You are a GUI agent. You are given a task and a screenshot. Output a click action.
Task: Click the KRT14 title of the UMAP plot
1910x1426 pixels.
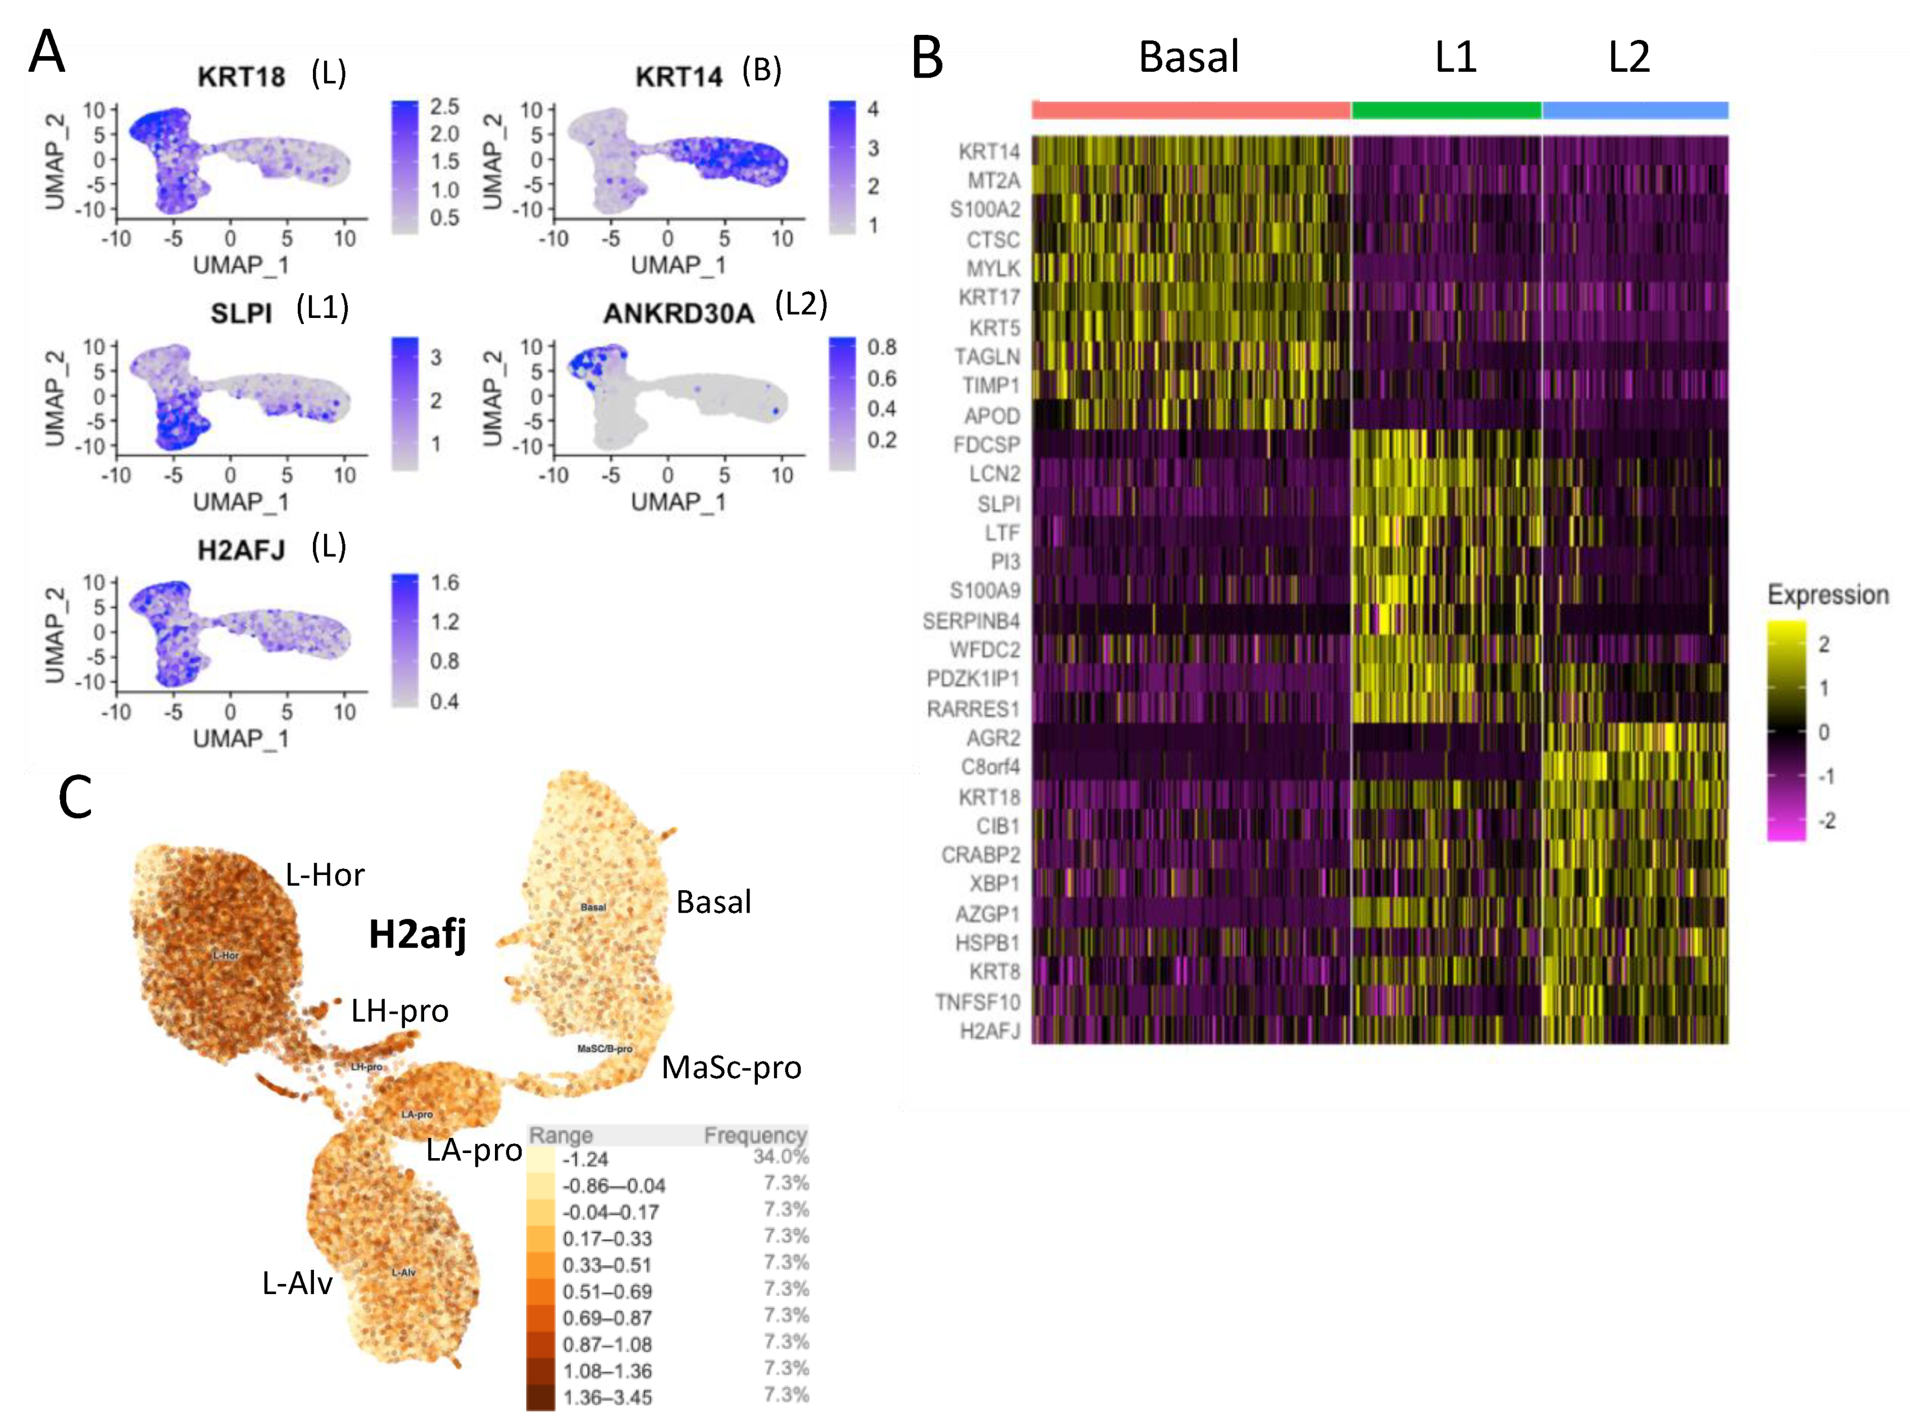coord(679,78)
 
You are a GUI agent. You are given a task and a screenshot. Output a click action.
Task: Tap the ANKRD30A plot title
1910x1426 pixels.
coord(679,314)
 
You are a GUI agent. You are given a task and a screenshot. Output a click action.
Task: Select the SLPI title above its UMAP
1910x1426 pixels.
coord(241,314)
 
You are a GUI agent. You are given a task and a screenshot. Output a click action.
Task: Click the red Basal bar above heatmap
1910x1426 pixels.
coord(1191,110)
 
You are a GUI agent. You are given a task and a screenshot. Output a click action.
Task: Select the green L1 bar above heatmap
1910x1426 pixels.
coord(1447,110)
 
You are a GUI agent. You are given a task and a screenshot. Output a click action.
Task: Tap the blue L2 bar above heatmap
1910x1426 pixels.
coord(1635,110)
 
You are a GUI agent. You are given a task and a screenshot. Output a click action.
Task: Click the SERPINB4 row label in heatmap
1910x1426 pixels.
coord(971,621)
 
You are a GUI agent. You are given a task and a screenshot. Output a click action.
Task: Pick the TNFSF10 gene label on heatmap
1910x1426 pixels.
coord(977,1002)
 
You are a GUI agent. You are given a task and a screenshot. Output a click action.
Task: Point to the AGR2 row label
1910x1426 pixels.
coord(993,738)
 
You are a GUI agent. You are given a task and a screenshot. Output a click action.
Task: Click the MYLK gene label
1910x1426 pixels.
coord(993,268)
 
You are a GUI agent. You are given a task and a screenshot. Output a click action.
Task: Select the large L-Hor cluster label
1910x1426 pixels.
coord(325,874)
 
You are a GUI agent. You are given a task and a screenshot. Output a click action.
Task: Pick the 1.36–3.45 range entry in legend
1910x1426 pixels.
coord(607,1397)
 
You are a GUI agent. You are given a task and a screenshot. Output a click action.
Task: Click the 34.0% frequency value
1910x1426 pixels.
coord(781,1156)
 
